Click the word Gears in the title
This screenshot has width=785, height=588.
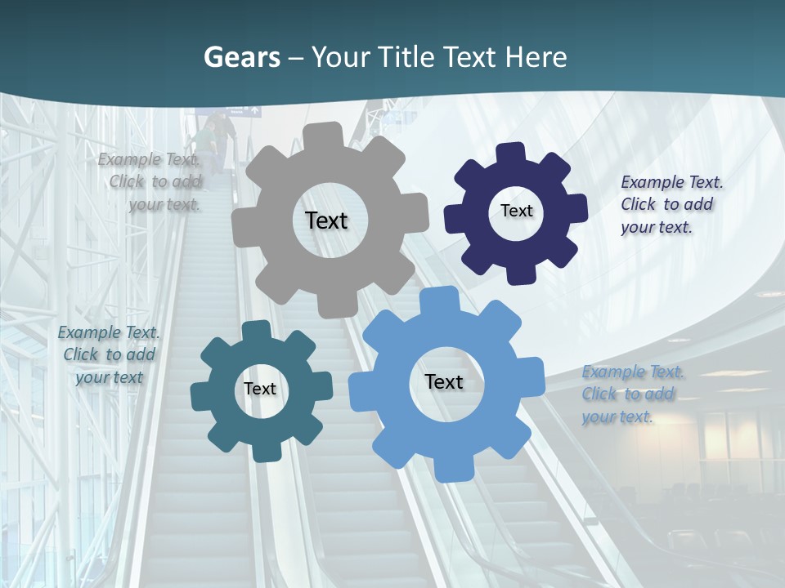pos(241,57)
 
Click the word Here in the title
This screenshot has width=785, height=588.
pos(536,57)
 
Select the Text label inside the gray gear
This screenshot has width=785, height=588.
pos(326,220)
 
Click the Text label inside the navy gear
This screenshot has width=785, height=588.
pos(516,211)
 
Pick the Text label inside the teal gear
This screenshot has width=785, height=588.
pos(259,389)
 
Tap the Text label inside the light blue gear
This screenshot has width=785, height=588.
pos(444,381)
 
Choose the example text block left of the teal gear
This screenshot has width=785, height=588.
pos(109,354)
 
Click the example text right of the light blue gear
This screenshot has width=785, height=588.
pos(631,394)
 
